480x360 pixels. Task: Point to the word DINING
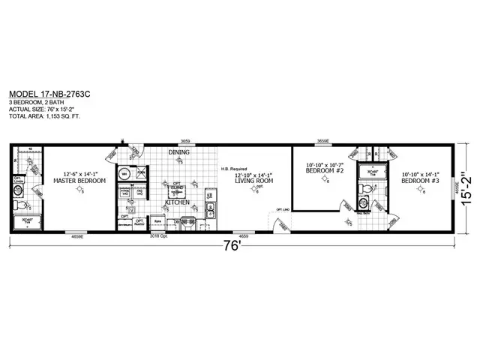pos(178,152)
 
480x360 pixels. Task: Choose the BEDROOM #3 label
pos(418,180)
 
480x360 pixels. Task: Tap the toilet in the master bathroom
pos(22,204)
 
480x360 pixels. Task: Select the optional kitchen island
pos(178,190)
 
